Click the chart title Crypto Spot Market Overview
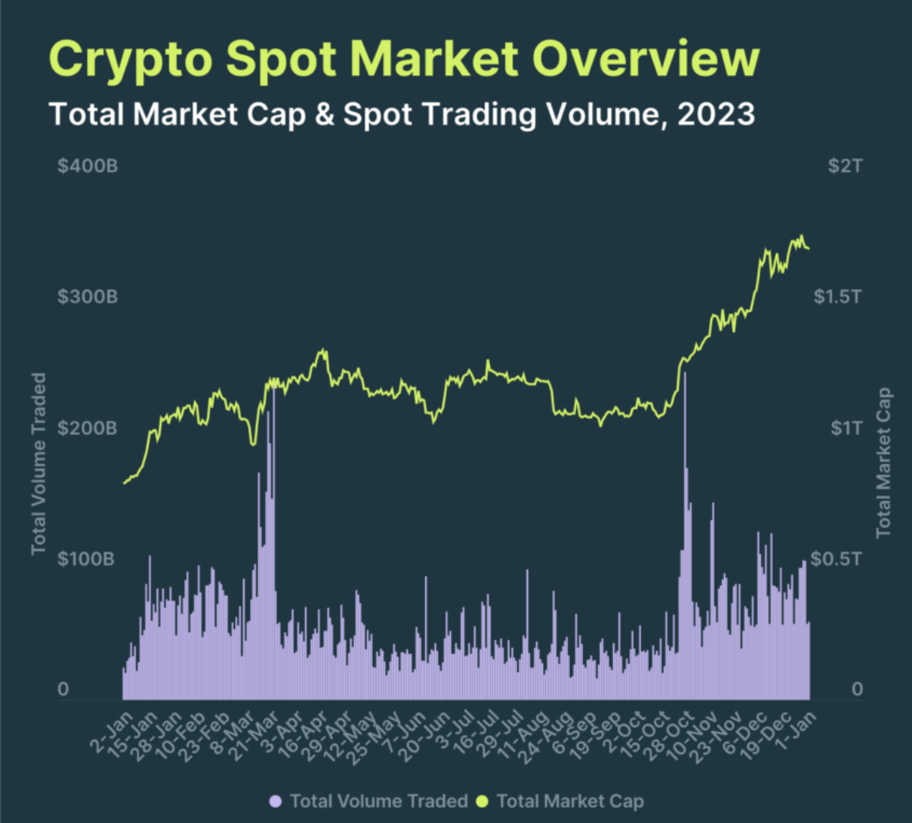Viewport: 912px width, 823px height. point(404,59)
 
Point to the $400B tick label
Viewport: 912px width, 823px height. point(88,168)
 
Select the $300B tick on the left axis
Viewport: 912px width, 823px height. point(88,298)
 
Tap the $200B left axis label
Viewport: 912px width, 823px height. point(88,428)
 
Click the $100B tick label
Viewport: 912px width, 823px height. point(88,558)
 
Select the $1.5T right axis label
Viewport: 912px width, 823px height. point(836,298)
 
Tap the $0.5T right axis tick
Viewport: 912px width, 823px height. point(836,558)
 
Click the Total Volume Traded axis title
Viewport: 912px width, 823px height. point(38,464)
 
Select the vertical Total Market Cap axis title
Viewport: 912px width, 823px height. point(884,461)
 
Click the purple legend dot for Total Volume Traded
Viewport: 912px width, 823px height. point(276,800)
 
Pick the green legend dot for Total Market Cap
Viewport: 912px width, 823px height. point(482,800)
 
